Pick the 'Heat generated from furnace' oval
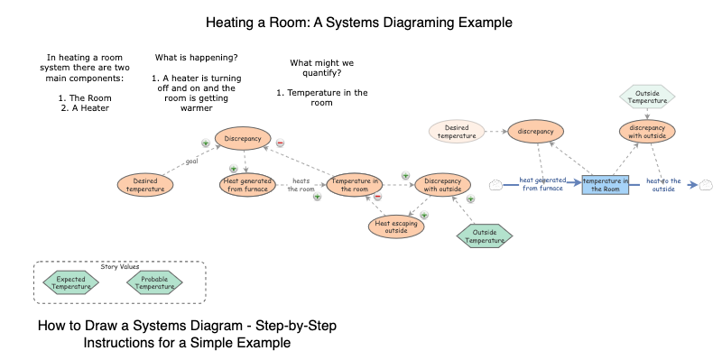247,184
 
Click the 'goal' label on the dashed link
190,162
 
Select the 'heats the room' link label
301,184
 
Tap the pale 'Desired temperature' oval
457,132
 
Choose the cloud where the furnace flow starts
495,185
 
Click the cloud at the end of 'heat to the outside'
706,185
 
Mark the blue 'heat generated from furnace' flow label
542,184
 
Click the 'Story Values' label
119,266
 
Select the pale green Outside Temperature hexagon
648,96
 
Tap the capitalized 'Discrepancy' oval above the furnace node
242,139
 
